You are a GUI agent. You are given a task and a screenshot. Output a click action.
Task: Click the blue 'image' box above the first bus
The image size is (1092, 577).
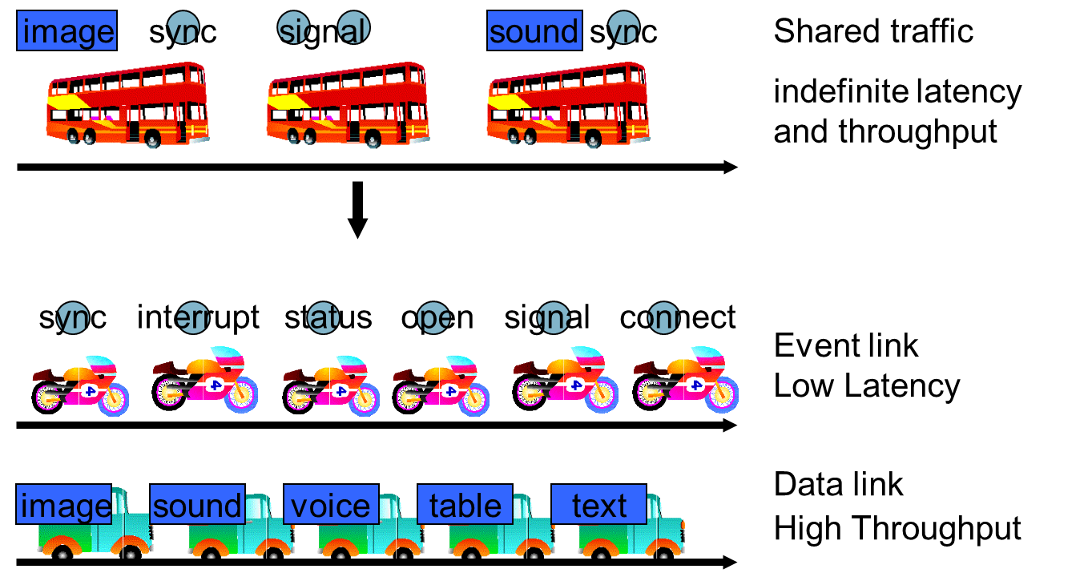pyautogui.click(x=67, y=31)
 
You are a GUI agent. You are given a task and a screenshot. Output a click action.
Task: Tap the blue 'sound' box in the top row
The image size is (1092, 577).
pyautogui.click(x=534, y=31)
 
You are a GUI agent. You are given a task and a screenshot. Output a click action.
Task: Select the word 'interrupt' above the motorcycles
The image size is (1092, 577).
pyautogui.click(x=198, y=317)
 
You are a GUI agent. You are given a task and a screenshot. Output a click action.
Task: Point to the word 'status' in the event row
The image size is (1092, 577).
pyautogui.click(x=328, y=317)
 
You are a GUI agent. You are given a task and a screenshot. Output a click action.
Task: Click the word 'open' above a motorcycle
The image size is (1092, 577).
pyautogui.click(x=437, y=317)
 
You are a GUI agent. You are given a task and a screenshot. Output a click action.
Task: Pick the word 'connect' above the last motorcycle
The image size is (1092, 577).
pyautogui.click(x=678, y=317)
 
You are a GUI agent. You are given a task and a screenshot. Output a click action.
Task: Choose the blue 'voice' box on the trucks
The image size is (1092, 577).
pyautogui.click(x=331, y=506)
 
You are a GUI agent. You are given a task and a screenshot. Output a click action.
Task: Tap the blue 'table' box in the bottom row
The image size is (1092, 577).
pyautogui.click(x=465, y=506)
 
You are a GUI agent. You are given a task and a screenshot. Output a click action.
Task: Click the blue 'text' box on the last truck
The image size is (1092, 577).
pyautogui.click(x=598, y=506)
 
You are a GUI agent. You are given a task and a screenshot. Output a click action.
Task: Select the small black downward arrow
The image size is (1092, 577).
pyautogui.click(x=357, y=210)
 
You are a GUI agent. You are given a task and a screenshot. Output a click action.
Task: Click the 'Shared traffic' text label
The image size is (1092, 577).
pyautogui.click(x=873, y=31)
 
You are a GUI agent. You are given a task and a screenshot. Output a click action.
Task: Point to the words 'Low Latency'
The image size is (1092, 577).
pyautogui.click(x=867, y=386)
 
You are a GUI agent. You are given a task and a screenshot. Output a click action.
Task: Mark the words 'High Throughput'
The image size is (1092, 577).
pyautogui.click(x=897, y=529)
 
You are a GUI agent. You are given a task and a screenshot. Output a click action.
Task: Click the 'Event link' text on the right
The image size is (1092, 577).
pyautogui.click(x=846, y=345)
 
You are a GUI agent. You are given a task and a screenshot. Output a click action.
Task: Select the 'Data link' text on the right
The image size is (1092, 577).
pyautogui.click(x=838, y=485)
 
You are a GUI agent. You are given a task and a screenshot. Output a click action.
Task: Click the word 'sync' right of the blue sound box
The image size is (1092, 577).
pyautogui.click(x=623, y=31)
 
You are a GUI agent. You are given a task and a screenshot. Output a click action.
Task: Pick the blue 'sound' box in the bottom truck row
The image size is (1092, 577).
pyautogui.click(x=197, y=506)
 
